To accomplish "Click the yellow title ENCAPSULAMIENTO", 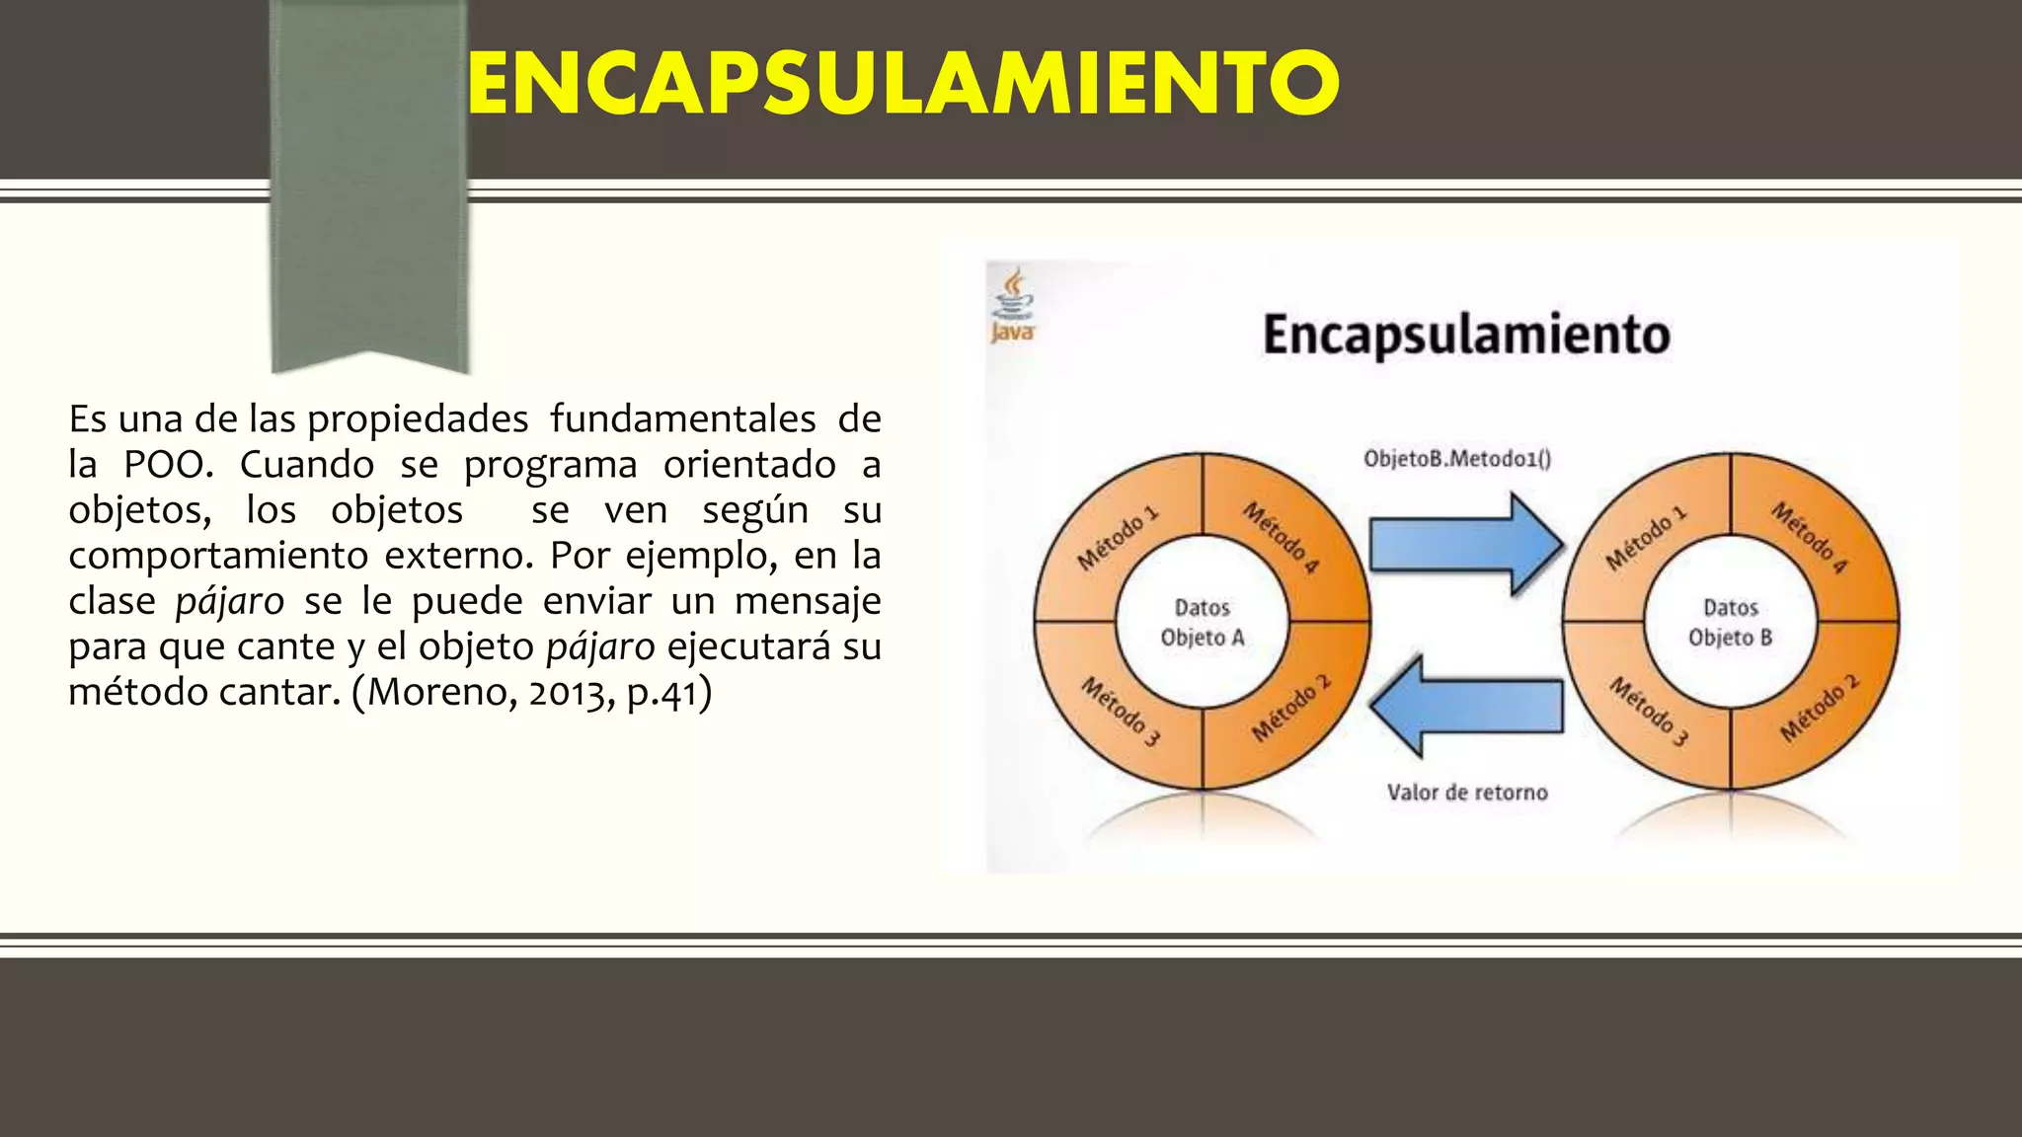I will point(902,83).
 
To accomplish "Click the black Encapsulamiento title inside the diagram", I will point(1466,335).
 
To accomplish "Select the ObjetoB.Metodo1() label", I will point(1457,459).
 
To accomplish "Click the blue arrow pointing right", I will point(1466,545).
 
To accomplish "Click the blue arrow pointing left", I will point(1466,706).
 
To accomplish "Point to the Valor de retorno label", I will point(1467,793).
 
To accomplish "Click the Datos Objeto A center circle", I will point(1203,623).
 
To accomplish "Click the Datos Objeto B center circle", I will point(1731,623).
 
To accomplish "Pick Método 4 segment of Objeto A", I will point(1282,538).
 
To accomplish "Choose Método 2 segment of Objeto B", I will point(1819,709).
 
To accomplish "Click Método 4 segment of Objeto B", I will point(1809,538).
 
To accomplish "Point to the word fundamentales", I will point(683,419).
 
